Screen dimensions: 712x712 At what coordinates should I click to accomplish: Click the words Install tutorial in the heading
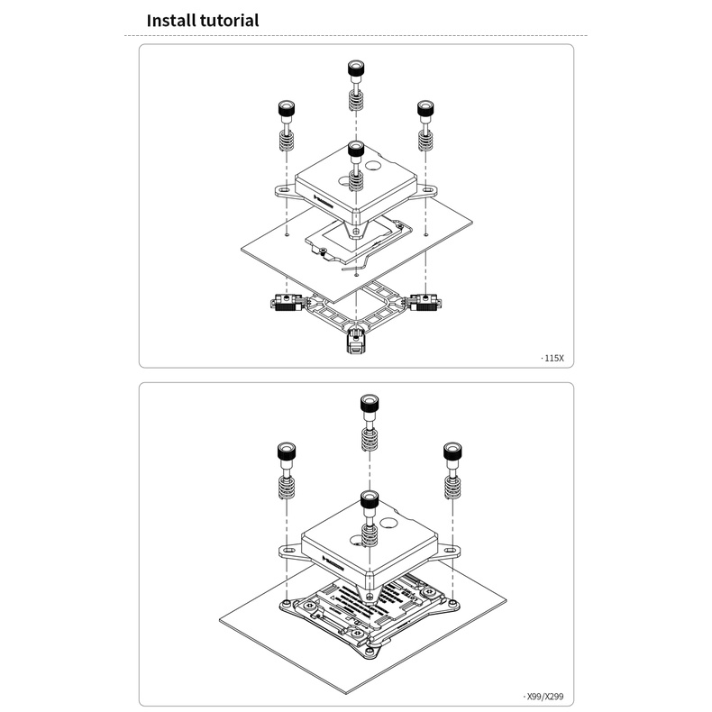pos(202,20)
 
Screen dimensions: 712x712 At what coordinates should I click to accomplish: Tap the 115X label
pos(552,358)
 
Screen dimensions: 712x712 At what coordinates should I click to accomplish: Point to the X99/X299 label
pos(548,697)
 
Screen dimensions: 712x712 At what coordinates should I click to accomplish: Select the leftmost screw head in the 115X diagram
pos(286,109)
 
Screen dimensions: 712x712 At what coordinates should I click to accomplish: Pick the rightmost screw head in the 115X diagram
pos(425,109)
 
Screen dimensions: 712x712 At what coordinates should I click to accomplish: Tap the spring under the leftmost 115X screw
pos(286,141)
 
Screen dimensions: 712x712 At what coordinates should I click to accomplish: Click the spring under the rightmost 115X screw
pos(425,141)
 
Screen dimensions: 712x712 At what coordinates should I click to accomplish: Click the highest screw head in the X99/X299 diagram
pos(368,404)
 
